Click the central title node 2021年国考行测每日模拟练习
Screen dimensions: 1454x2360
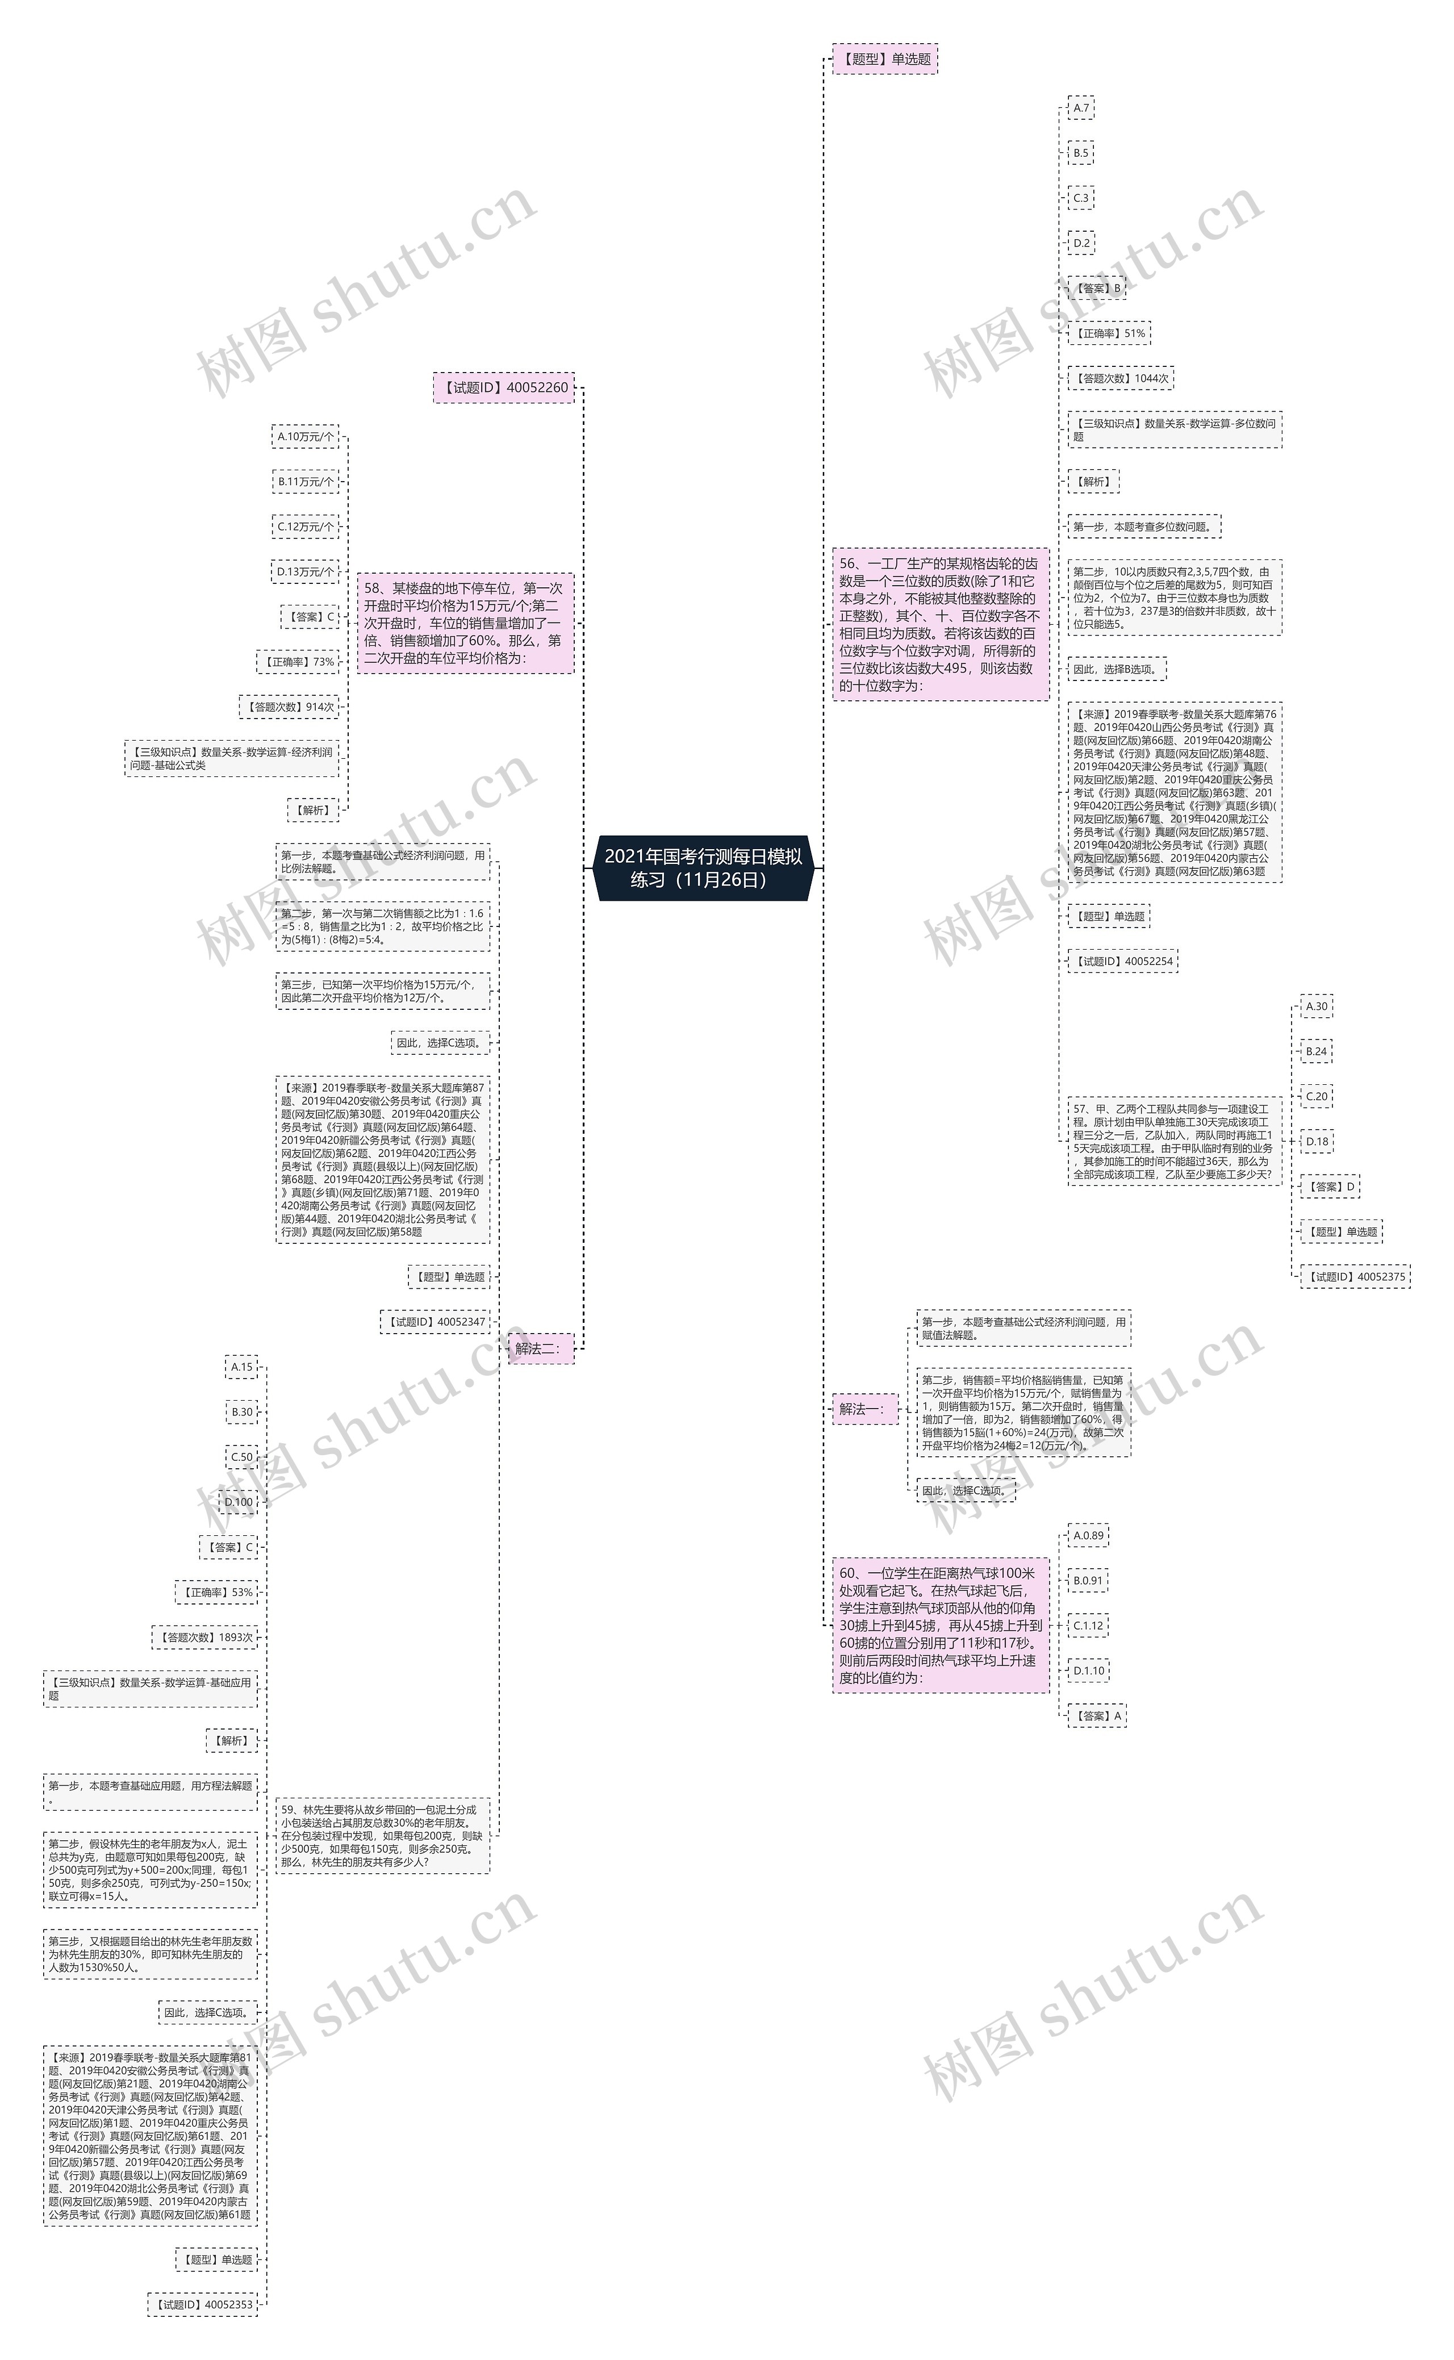(703, 867)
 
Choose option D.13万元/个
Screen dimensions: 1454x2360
(306, 571)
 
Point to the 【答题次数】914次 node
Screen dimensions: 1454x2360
(289, 707)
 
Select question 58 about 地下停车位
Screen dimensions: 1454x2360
(465, 623)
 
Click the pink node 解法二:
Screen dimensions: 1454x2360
(541, 1348)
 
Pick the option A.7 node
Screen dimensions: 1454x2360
(1081, 108)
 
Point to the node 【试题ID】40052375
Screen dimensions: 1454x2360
(1355, 1276)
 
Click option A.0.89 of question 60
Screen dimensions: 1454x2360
(1088, 1536)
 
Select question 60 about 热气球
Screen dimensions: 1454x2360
(939, 1625)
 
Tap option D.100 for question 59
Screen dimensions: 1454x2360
(240, 1502)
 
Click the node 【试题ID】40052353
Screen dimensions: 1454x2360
(203, 2304)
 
